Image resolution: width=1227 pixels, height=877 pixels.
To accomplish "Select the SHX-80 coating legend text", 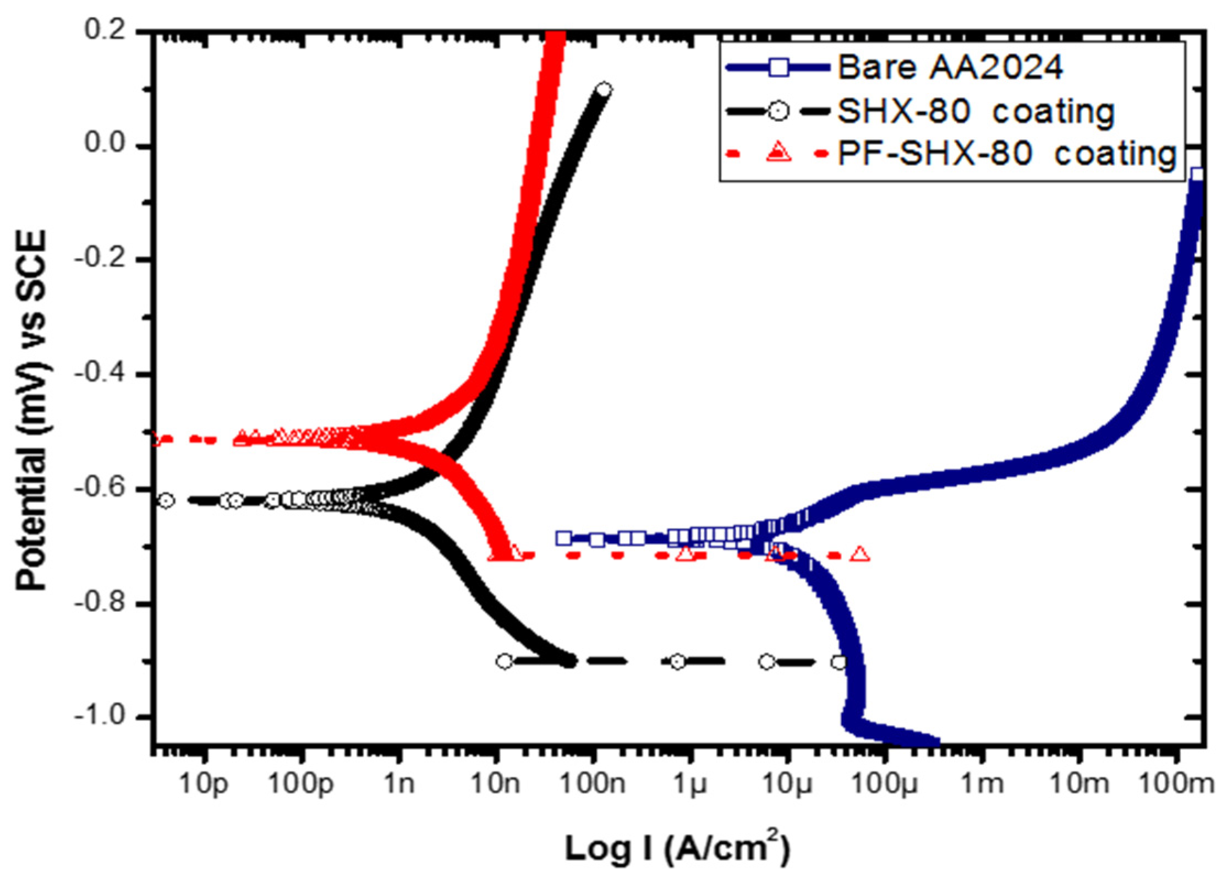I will pos(975,112).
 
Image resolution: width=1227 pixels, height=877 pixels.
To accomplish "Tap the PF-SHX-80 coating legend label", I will pos(1006,154).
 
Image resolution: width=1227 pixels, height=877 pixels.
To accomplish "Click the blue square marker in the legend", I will pos(779,68).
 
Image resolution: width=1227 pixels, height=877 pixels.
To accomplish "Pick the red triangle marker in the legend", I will pos(779,152).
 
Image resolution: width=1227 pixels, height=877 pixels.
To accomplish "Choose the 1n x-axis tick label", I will pos(398,783).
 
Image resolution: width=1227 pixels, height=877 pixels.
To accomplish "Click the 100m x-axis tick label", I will pos(1176,783).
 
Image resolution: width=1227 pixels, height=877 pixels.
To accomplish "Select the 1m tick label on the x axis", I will pos(982,783).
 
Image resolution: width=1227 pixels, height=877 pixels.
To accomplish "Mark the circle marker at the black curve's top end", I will pos(604,90).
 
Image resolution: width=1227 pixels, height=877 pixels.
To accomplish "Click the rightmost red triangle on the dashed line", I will pos(860,554).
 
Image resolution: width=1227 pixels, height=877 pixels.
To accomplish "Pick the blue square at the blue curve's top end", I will pos(1197,175).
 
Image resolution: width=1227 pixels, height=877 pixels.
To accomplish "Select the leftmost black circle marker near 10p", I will pos(166,500).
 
